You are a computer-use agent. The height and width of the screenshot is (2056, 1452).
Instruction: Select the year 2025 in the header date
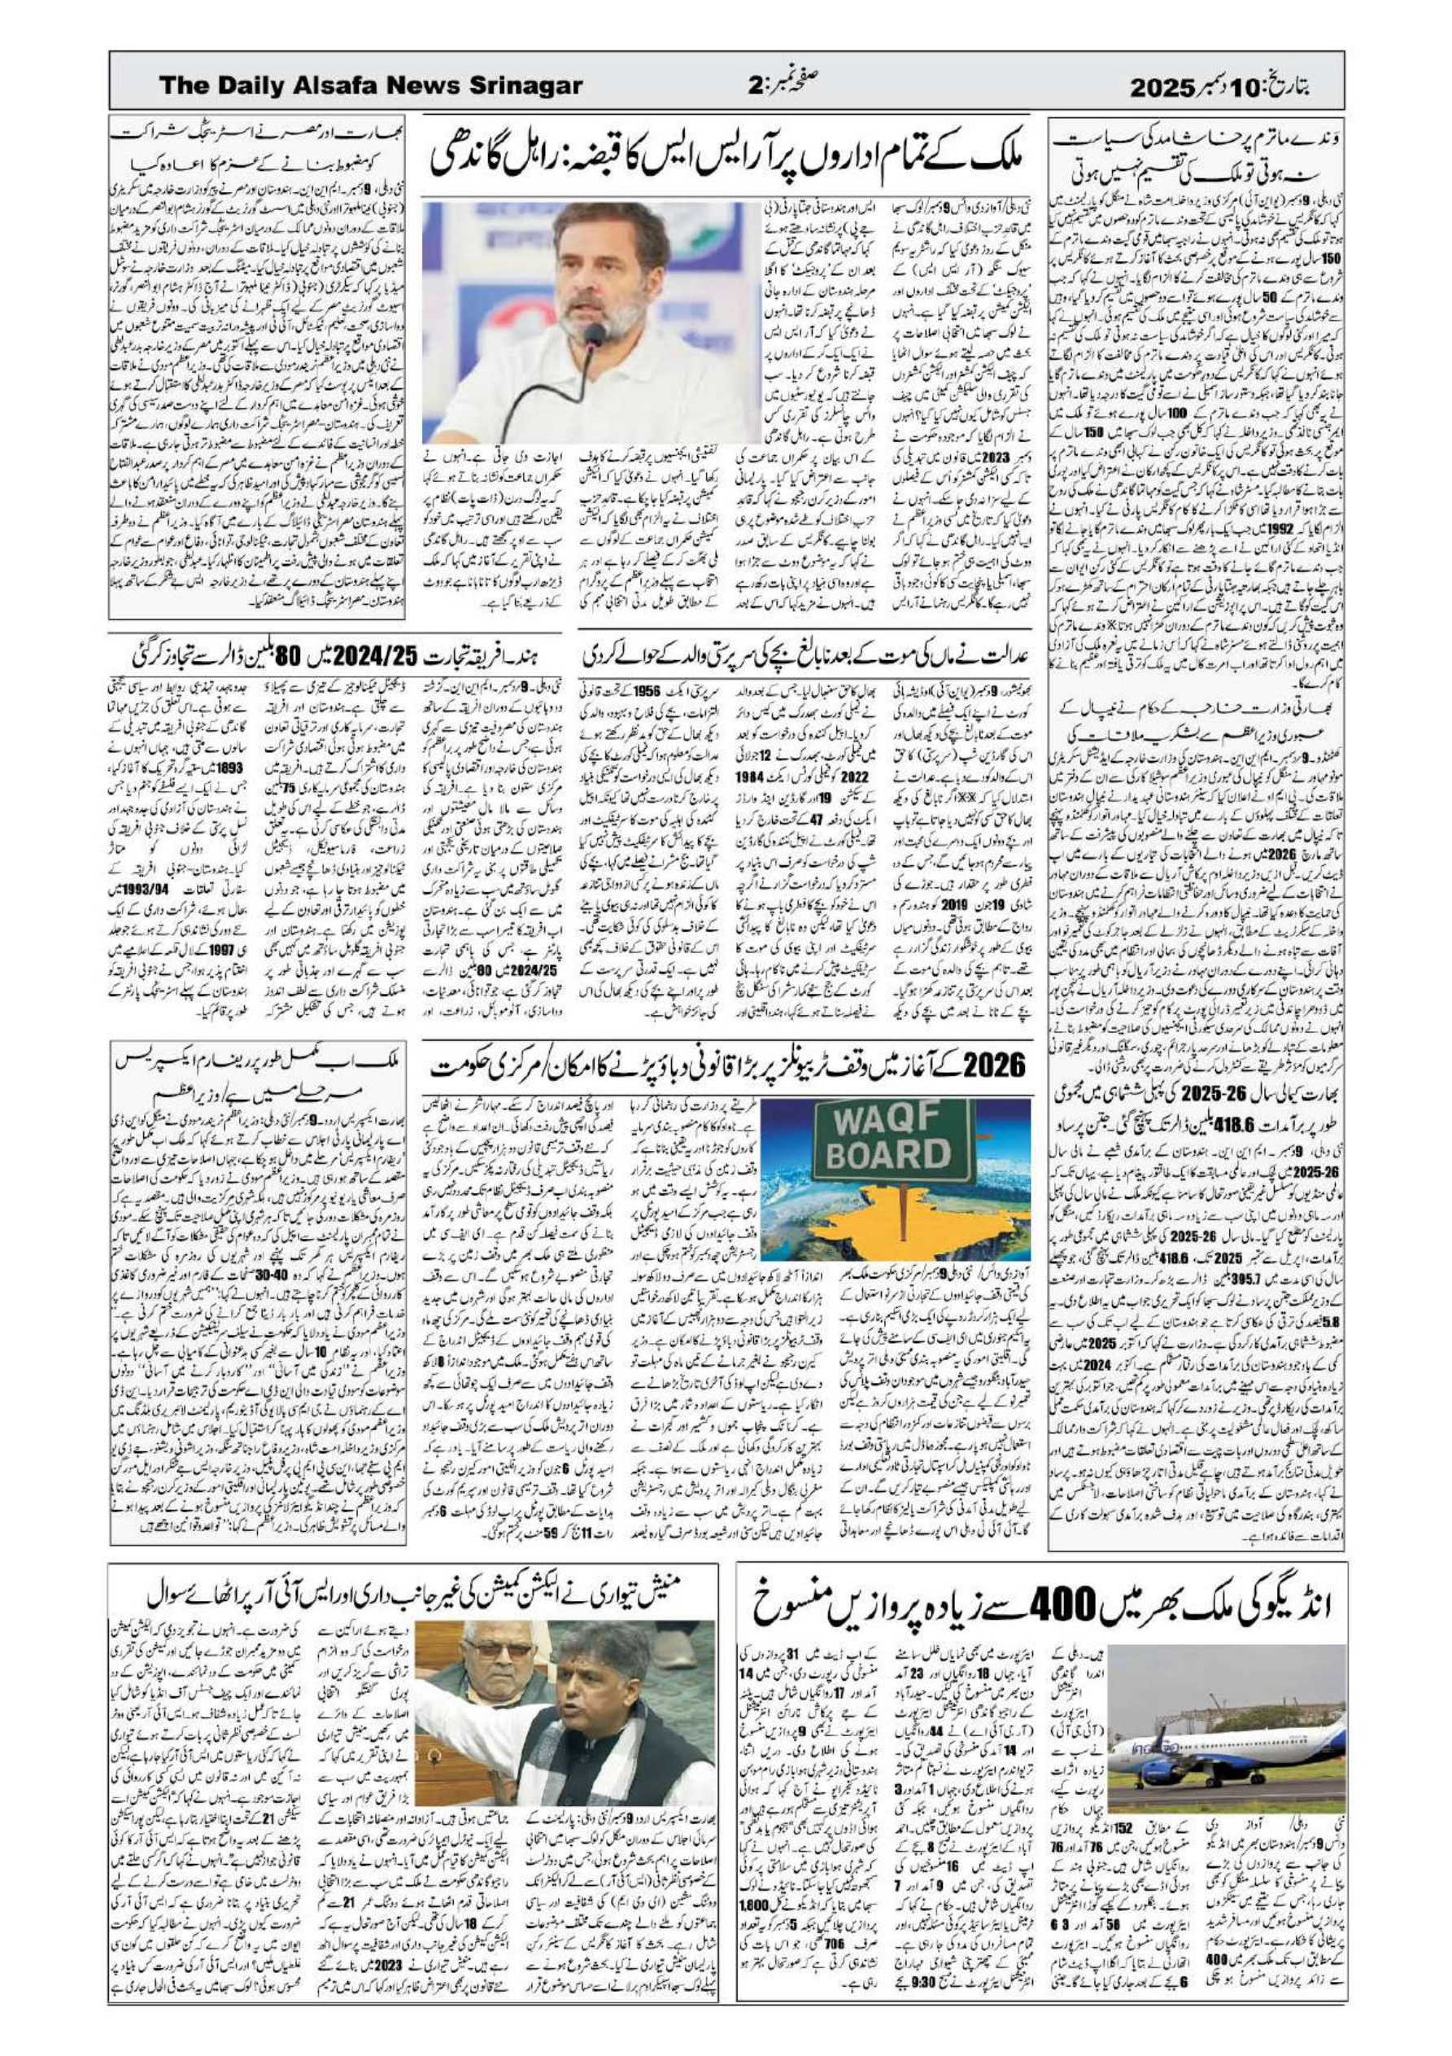tap(1164, 87)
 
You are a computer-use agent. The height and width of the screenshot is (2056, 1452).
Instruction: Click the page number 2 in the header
tap(755, 86)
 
